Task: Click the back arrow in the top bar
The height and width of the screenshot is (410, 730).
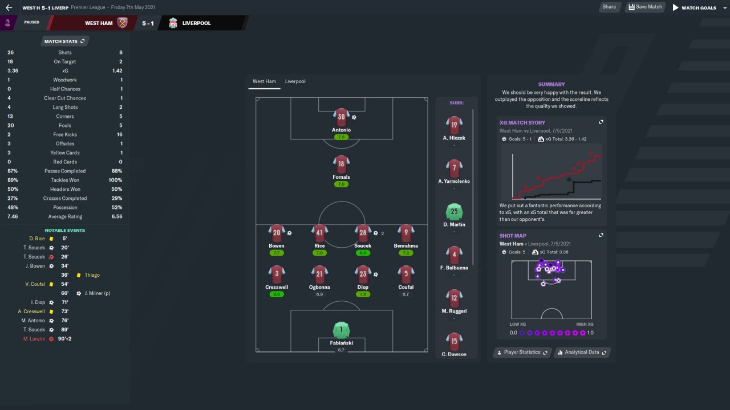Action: [9, 7]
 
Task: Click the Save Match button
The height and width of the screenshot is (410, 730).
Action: [645, 7]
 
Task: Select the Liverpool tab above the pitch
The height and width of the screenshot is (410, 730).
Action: [295, 81]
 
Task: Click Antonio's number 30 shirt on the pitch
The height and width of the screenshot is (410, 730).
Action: [341, 117]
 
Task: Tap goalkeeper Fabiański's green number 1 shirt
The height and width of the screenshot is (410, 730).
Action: [341, 330]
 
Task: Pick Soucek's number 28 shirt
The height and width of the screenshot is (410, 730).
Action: [363, 233]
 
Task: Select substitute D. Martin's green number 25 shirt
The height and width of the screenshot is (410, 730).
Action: [454, 211]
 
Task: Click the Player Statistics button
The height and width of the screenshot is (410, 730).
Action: [522, 352]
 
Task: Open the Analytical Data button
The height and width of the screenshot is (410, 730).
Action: [582, 352]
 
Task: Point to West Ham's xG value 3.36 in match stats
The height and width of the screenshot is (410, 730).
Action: [13, 71]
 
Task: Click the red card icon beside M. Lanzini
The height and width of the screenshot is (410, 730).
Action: [51, 339]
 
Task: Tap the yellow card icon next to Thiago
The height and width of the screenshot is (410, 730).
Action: [79, 275]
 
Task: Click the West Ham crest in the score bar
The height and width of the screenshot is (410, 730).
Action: [122, 23]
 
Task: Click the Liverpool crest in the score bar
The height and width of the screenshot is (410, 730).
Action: [173, 23]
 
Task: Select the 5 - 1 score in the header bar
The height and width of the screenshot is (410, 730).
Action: [148, 23]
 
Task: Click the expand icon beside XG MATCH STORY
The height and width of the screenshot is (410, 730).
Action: [601, 122]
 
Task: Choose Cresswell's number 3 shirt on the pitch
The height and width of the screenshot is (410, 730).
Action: [277, 274]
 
